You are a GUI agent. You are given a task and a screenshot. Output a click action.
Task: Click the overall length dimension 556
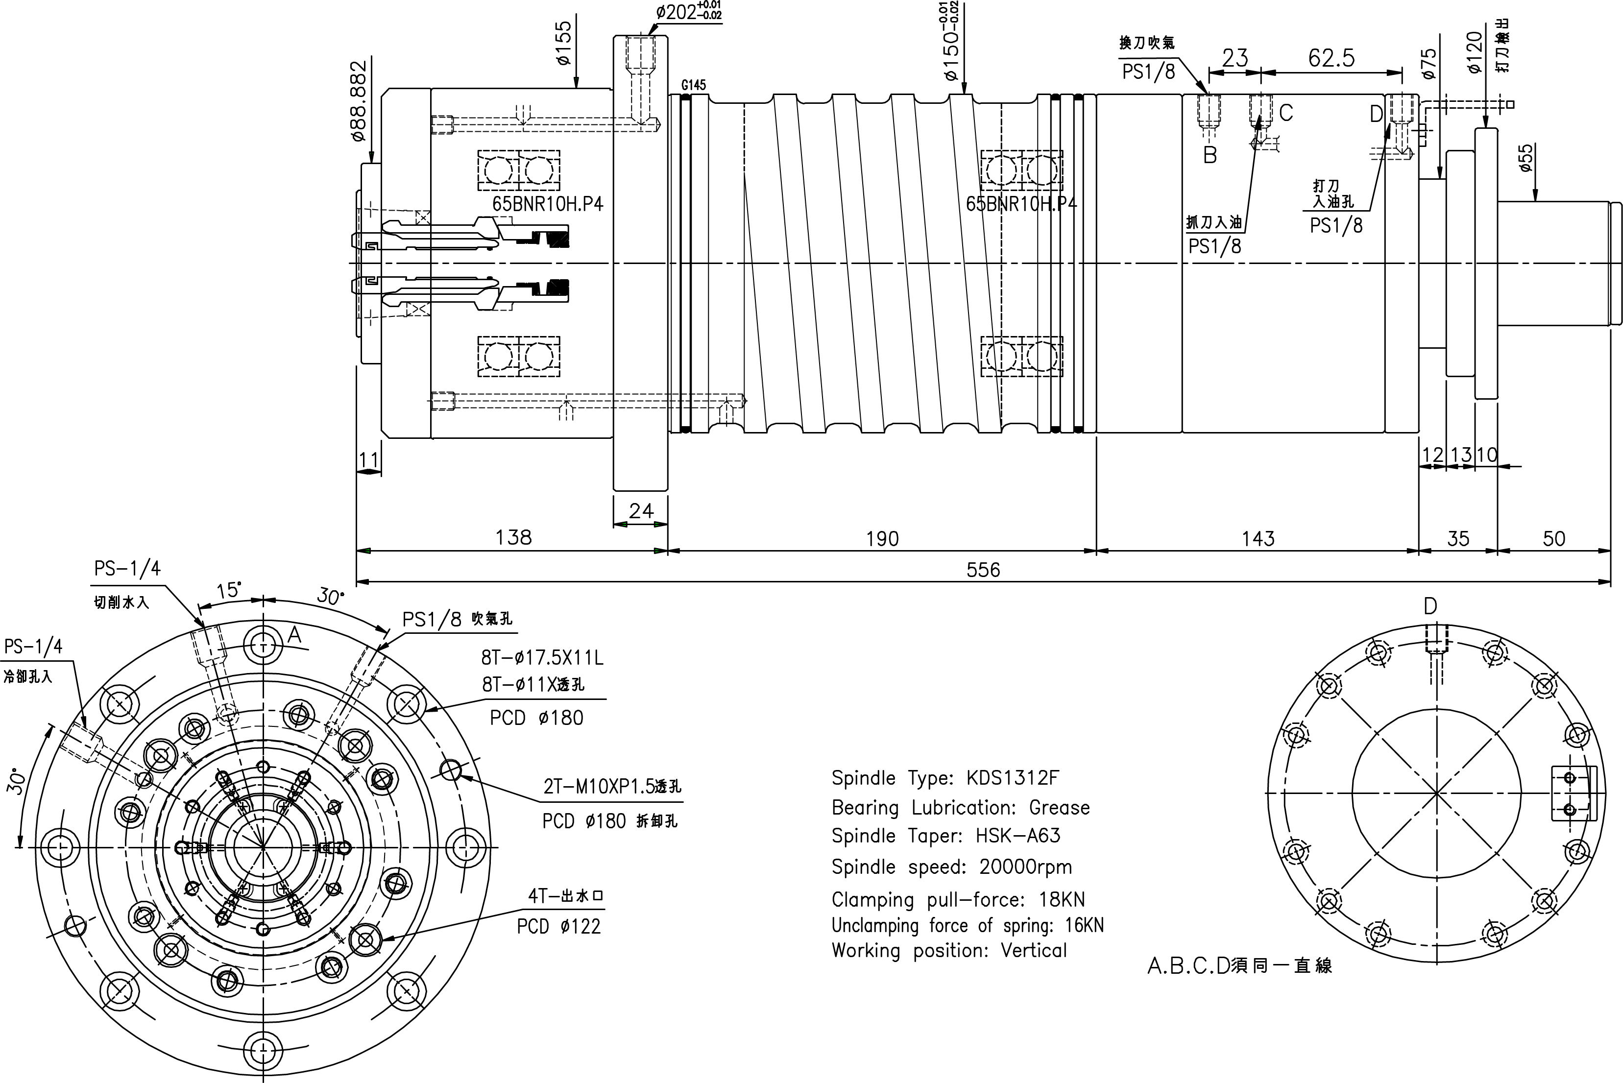(983, 570)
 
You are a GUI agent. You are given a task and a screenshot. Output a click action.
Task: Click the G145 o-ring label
(693, 85)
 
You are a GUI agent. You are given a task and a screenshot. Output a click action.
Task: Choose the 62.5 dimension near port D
(1331, 58)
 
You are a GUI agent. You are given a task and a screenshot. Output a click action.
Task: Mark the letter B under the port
(1210, 155)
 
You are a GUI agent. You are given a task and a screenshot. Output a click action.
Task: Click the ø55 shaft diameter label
(1526, 158)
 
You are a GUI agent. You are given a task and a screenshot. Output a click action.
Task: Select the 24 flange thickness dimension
(641, 510)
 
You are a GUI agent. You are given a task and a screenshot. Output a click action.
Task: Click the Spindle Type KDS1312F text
(944, 778)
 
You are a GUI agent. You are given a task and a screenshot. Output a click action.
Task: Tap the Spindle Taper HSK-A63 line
(945, 836)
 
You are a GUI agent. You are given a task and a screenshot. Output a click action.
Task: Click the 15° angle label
(229, 591)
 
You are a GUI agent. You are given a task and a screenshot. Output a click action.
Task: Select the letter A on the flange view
(294, 634)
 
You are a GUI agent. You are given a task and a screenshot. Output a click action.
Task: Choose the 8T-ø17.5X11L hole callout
(542, 657)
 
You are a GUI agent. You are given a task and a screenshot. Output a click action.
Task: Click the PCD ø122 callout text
(559, 926)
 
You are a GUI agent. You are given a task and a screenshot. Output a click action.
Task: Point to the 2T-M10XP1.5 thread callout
(612, 787)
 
